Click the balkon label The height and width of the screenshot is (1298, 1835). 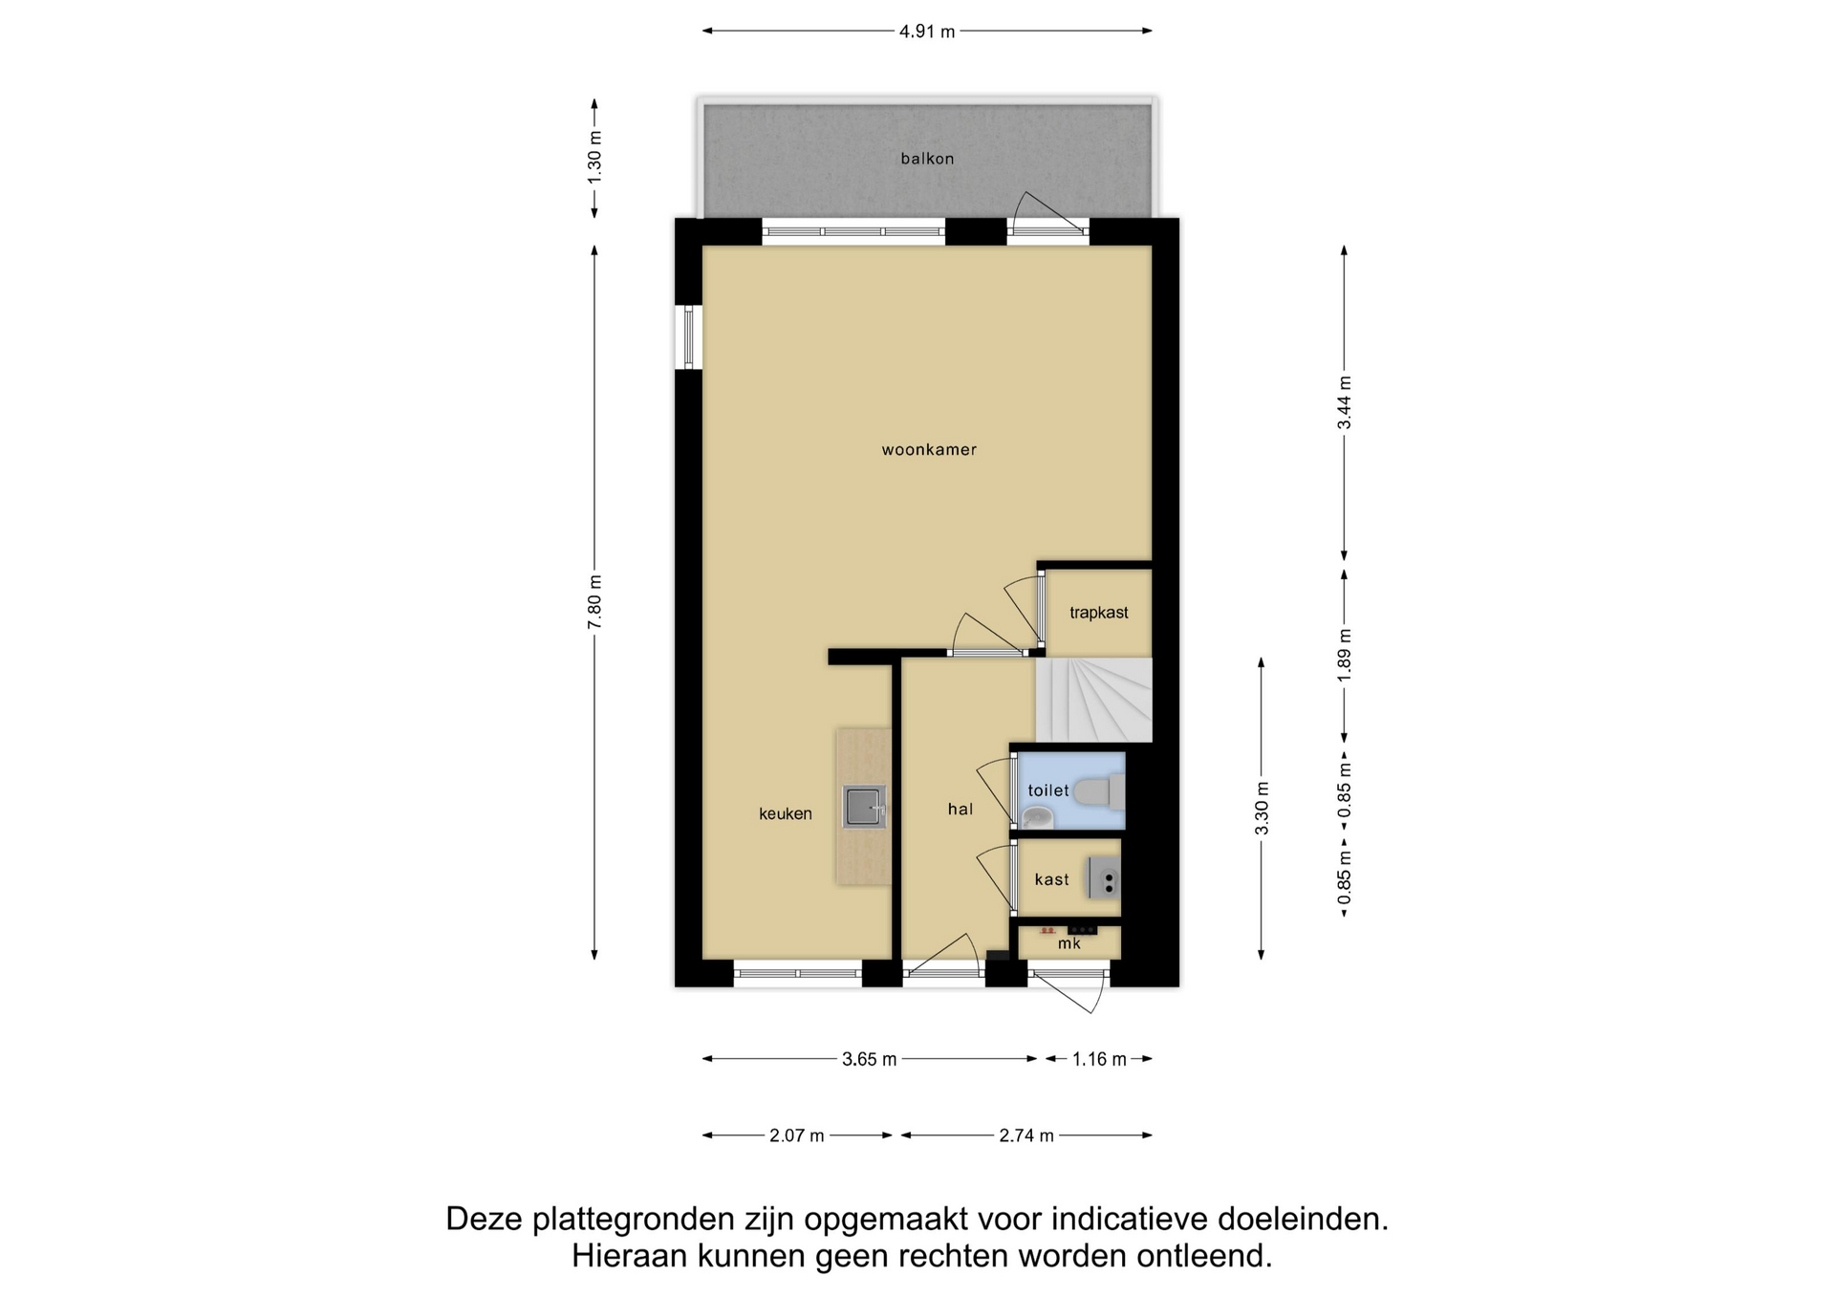[927, 159]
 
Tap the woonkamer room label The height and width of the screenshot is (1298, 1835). [929, 449]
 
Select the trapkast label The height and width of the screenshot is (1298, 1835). [1099, 613]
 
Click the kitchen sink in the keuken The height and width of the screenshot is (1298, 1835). [864, 806]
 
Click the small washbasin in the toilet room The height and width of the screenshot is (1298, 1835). [1037, 817]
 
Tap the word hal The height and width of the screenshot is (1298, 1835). [961, 810]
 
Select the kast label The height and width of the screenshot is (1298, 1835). [1051, 879]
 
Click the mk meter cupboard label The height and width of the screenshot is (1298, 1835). [1069, 943]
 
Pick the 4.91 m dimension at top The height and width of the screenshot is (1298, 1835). [927, 32]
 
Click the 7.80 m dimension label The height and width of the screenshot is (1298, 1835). [594, 602]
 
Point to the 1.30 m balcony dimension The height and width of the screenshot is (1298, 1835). [594, 159]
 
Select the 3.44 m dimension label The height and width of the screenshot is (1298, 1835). [1344, 402]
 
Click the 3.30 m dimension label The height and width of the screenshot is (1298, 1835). [1262, 808]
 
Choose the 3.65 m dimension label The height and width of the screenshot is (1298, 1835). [870, 1059]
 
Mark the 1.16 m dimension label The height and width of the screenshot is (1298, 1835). [1099, 1059]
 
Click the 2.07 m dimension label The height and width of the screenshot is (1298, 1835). [797, 1136]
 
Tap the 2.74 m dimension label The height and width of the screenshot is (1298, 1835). [1026, 1136]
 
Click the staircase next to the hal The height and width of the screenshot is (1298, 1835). [1094, 700]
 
